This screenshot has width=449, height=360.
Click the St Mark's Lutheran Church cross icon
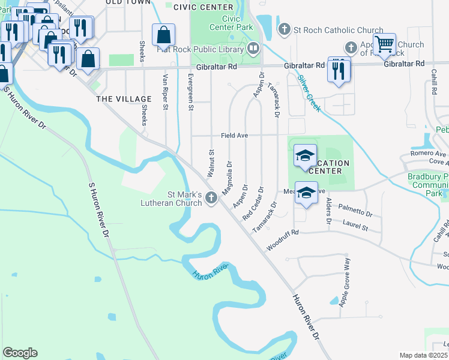211,197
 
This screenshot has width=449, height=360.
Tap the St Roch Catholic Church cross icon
285,29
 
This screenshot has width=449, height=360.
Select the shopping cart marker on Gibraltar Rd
384,44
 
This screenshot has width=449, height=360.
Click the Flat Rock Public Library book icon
254,47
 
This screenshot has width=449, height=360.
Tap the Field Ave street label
234,136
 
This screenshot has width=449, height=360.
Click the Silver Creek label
309,91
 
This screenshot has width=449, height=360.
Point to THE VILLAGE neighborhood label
124,99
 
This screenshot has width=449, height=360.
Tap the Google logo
20,353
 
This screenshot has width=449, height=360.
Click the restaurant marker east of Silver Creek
339,70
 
